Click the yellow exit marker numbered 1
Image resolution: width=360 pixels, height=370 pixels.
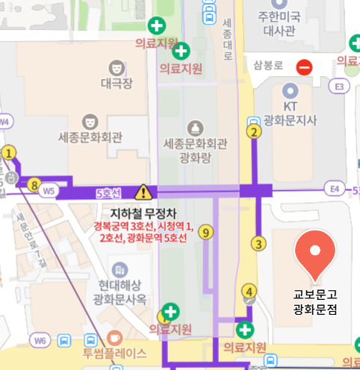[x=9, y=152]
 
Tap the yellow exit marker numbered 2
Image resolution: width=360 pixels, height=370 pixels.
[x=254, y=133]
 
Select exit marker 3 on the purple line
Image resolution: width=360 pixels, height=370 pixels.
[x=258, y=243]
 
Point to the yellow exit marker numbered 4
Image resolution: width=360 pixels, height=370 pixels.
[x=249, y=291]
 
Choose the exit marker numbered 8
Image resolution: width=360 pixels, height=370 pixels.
[x=33, y=184]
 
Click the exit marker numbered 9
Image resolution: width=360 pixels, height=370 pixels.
[x=207, y=232]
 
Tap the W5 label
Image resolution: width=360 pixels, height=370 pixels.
[x=49, y=191]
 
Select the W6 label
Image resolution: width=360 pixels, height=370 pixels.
[x=40, y=340]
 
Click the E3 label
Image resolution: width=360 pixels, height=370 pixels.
[x=341, y=87]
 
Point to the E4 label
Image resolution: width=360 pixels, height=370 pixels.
[x=333, y=190]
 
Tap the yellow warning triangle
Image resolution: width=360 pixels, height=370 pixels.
[x=143, y=192]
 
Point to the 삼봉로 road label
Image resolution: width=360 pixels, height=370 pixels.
[x=267, y=65]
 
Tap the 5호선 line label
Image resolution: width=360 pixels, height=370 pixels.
[x=108, y=192]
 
